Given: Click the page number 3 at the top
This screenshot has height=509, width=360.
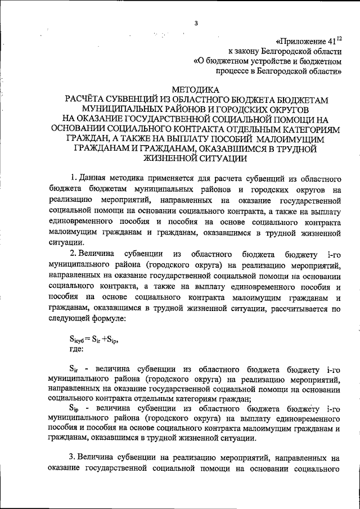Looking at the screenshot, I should pos(196,23).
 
